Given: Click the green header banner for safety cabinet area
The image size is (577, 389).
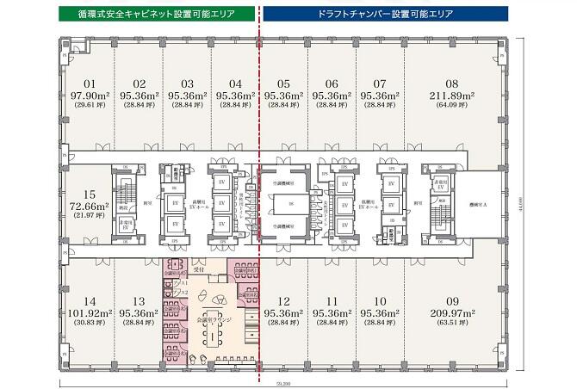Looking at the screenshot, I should pos(154,15).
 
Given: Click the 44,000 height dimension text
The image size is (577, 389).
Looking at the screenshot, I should pos(524,200).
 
